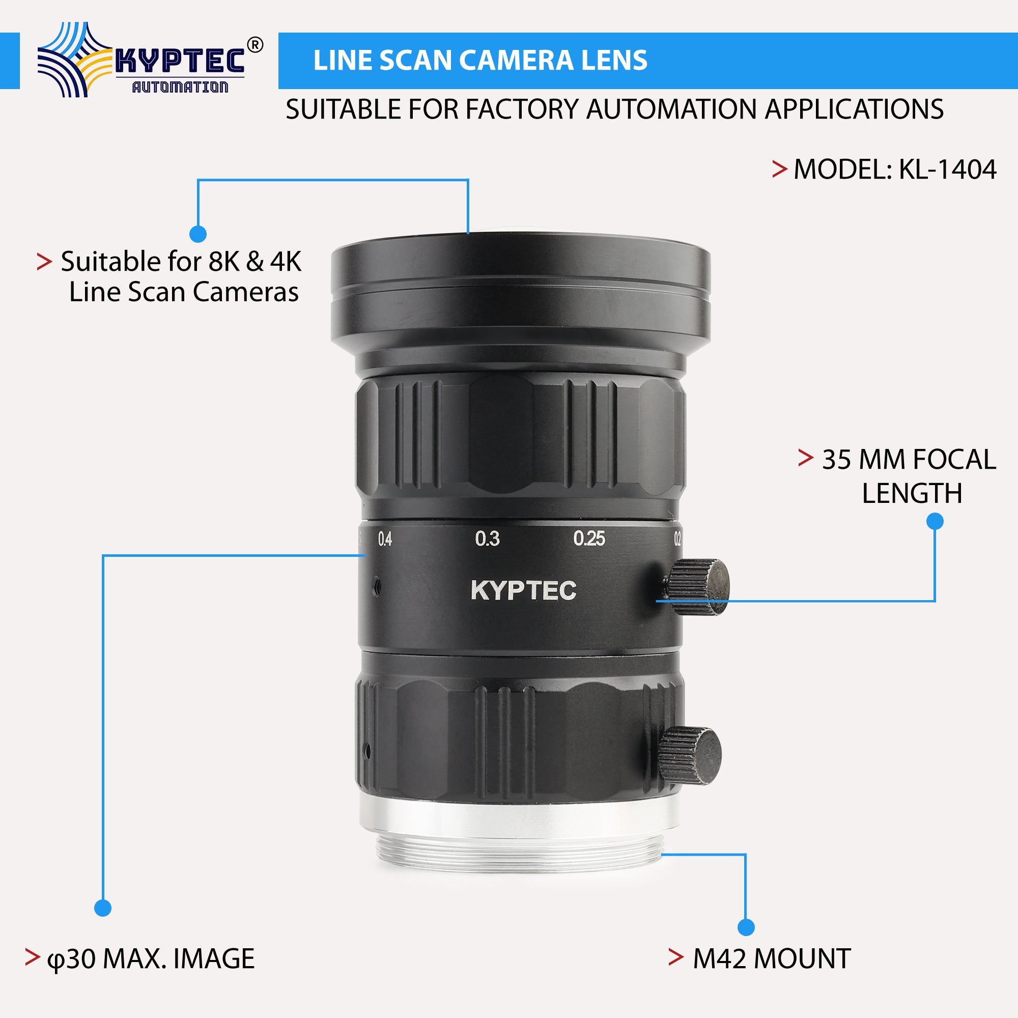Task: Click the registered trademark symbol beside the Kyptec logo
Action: tap(254, 45)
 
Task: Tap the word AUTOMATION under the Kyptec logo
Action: tap(180, 87)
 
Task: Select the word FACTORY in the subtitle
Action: tap(522, 109)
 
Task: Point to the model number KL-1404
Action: tap(947, 169)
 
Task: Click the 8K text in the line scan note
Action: tap(224, 261)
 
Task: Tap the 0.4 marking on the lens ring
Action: tap(385, 539)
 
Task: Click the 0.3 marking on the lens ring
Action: tap(487, 539)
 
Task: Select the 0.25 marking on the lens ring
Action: tap(589, 539)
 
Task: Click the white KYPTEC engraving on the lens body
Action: tap(523, 590)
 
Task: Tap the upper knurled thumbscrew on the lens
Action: tap(698, 586)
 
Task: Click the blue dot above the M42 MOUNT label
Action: tap(746, 927)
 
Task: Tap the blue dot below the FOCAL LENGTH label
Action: tap(935, 522)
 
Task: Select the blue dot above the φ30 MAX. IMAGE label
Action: tap(103, 908)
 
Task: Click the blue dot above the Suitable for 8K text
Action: tap(197, 234)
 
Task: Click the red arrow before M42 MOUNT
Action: tap(676, 957)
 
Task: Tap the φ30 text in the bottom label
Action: tap(71, 959)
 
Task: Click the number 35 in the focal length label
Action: tap(836, 460)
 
